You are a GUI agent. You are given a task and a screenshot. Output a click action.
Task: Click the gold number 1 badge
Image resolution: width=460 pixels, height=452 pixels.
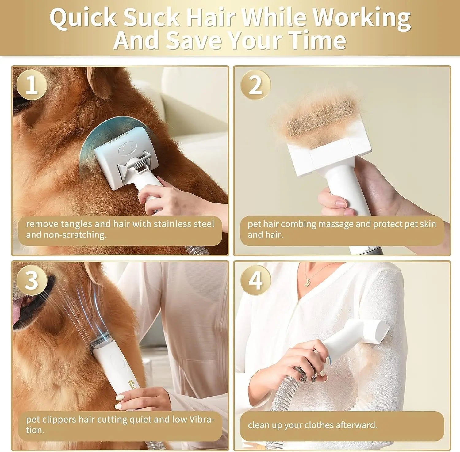point(32,85)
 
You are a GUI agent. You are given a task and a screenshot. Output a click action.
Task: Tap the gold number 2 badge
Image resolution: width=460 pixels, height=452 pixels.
point(255,85)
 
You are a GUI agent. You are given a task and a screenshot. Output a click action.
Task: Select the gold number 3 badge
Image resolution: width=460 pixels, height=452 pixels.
point(32,280)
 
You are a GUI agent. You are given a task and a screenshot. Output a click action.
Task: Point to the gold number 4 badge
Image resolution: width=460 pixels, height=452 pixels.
point(255,280)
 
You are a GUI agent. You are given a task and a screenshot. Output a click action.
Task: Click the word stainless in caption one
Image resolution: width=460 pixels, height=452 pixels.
point(173,224)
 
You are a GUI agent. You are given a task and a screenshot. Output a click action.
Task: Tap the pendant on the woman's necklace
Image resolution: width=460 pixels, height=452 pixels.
point(307,284)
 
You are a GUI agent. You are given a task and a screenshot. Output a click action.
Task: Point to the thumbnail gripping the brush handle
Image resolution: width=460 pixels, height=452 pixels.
point(340,203)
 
